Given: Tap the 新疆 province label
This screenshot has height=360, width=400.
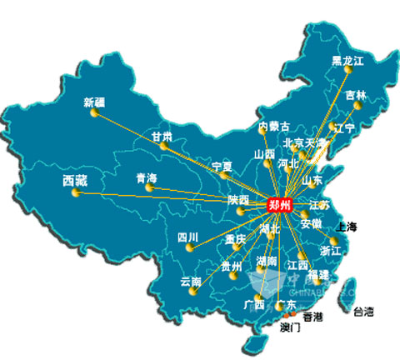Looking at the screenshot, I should tap(95, 103).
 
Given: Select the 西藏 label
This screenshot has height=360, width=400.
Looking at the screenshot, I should tap(75, 179).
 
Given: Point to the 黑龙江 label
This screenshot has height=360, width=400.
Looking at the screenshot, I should tap(348, 60).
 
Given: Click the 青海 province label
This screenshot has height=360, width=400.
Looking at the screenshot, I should tap(147, 178).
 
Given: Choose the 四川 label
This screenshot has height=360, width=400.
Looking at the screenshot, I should tap(188, 238).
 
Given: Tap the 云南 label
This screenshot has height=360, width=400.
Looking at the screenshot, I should tap(191, 282).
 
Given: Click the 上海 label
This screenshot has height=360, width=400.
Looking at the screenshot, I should tap(345, 227).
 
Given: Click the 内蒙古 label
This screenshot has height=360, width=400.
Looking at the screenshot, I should tap(274, 127).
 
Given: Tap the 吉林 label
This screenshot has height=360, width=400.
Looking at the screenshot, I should tap(356, 95).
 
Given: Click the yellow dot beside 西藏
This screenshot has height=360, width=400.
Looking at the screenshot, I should tap(76, 193).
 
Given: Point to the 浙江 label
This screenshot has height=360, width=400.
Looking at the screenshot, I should tap(331, 250).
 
